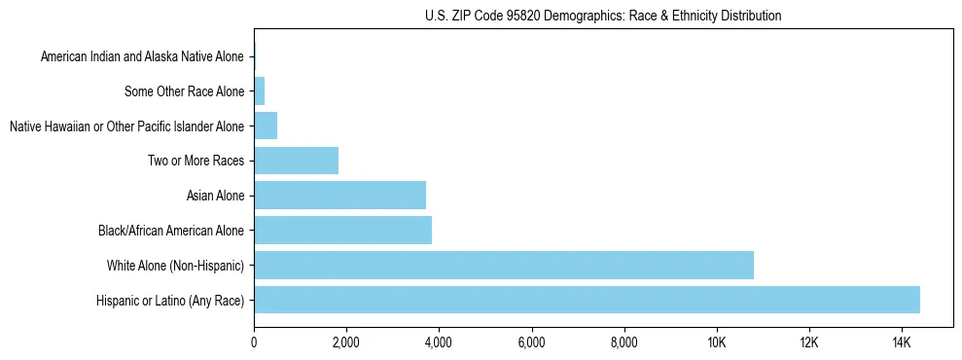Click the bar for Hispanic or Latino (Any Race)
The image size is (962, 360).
pyautogui.click(x=587, y=300)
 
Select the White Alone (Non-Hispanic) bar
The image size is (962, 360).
pyautogui.click(x=504, y=265)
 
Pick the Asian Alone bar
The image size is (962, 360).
pyautogui.click(x=339, y=196)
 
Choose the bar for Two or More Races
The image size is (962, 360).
pyautogui.click(x=296, y=161)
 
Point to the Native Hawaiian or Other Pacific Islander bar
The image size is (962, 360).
pyautogui.click(x=266, y=126)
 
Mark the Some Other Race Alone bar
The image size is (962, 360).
pyautogui.click(x=259, y=91)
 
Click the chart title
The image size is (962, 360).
pyautogui.click(x=603, y=16)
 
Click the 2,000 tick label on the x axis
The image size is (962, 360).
pyautogui.click(x=346, y=342)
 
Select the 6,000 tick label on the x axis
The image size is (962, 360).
pyautogui.click(x=531, y=342)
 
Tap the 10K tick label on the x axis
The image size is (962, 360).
pyautogui.click(x=717, y=342)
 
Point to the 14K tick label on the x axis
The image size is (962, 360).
pyautogui.click(x=902, y=342)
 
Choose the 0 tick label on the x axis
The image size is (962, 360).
pyautogui.click(x=254, y=342)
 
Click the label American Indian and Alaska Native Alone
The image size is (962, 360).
pyautogui.click(x=142, y=57)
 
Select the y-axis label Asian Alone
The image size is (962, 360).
pyautogui.click(x=215, y=196)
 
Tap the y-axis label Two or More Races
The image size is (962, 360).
pyautogui.click(x=196, y=161)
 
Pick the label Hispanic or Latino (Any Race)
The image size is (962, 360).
pyautogui.click(x=170, y=300)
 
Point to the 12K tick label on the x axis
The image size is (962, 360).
pyautogui.click(x=809, y=342)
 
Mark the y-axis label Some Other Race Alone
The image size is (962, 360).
pyautogui.click(x=185, y=91)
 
